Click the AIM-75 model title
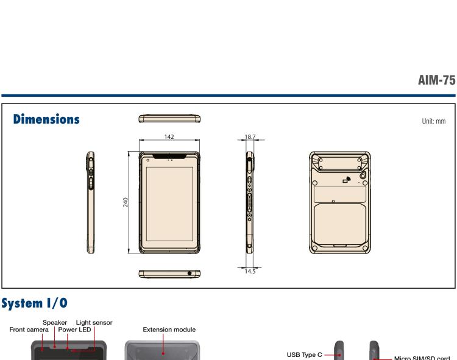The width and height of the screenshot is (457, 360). tap(437, 80)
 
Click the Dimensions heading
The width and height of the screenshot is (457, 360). tap(46, 119)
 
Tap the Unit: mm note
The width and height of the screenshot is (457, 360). tap(434, 121)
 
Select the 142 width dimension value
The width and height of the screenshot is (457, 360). tap(169, 136)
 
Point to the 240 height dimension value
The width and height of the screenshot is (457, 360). tap(126, 202)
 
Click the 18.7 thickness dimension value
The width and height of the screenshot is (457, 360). tap(250, 136)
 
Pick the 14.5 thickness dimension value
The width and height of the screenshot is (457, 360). tap(250, 272)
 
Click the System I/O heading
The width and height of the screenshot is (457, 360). tap(34, 303)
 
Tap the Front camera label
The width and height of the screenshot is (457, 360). tap(29, 330)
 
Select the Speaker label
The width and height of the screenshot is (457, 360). tap(55, 322)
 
